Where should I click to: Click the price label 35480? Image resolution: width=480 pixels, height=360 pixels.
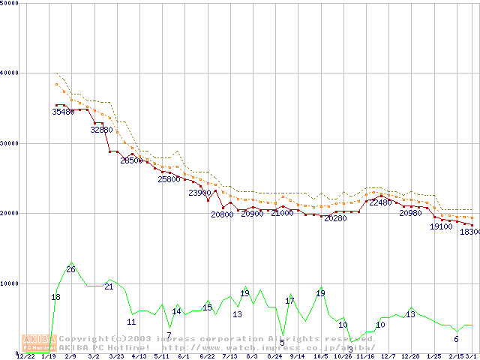63,112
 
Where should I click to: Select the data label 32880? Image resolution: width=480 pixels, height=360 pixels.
101,130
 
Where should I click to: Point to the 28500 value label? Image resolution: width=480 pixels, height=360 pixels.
131,160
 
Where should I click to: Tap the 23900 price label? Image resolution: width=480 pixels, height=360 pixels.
199,193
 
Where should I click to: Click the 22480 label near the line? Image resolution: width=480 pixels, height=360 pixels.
380,202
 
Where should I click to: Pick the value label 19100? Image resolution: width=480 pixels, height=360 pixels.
441,226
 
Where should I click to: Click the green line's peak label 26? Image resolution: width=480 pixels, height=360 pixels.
70,269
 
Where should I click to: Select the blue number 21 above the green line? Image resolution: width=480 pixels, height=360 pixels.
109,286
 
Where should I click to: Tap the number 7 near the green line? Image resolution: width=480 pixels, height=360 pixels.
169,335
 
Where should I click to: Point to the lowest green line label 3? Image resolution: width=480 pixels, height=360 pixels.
350,349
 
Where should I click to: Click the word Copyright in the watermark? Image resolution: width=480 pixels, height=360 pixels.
83,339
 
